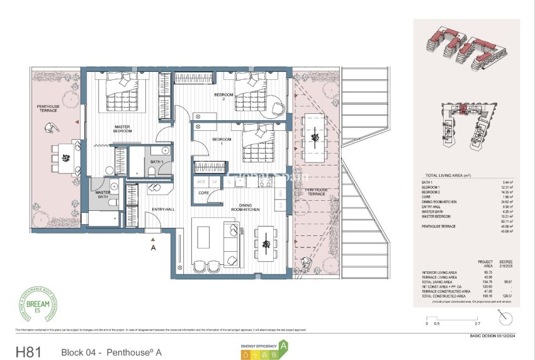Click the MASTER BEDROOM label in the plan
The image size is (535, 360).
point(123,129)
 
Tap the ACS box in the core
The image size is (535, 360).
point(201,181)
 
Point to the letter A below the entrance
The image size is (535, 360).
point(152,248)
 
